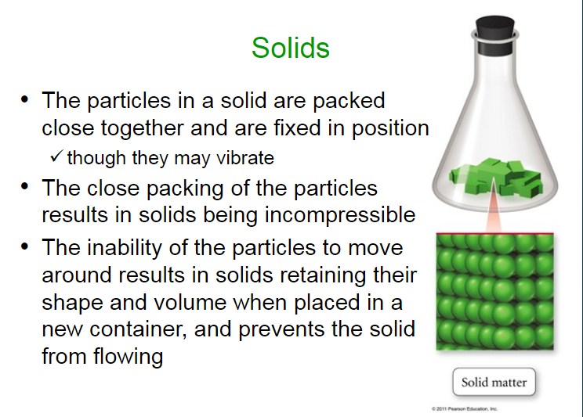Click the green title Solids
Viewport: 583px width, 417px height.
(291, 48)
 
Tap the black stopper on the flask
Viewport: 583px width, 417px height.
(495, 35)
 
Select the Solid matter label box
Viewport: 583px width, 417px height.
(494, 382)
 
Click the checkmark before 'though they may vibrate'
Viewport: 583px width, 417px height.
(56, 156)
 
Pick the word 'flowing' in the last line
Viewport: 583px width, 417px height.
(128, 357)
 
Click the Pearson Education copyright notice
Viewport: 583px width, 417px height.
(465, 409)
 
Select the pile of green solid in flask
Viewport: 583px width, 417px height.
(495, 178)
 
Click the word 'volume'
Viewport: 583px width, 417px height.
(190, 302)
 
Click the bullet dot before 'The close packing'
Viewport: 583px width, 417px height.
(24, 187)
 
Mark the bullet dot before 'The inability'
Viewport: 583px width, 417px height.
(24, 246)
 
